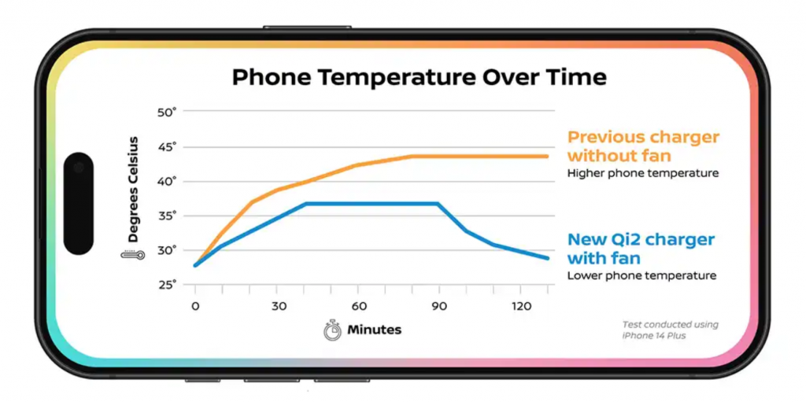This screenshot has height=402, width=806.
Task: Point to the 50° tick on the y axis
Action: (x=167, y=112)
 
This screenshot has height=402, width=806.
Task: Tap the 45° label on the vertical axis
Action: (x=167, y=146)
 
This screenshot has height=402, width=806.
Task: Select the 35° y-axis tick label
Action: (x=167, y=216)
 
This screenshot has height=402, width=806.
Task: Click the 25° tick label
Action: (x=167, y=284)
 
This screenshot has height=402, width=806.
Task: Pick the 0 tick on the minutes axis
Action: (x=195, y=306)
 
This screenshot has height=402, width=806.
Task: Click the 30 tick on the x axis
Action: (x=278, y=306)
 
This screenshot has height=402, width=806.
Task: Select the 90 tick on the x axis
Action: (x=438, y=306)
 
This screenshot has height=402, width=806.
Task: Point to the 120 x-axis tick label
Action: (x=520, y=306)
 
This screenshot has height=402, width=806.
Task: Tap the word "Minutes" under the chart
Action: (x=374, y=330)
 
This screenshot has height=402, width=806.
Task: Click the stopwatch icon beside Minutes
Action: (x=332, y=330)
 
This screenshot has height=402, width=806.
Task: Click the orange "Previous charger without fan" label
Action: (x=643, y=146)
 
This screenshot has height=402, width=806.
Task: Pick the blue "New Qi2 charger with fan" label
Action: (x=641, y=248)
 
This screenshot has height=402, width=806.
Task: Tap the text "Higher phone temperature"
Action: (x=642, y=173)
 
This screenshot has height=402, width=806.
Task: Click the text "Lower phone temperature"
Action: (x=641, y=275)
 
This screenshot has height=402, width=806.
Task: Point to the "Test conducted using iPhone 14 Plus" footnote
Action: (x=670, y=330)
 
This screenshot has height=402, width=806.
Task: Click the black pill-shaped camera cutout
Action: (x=78, y=203)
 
